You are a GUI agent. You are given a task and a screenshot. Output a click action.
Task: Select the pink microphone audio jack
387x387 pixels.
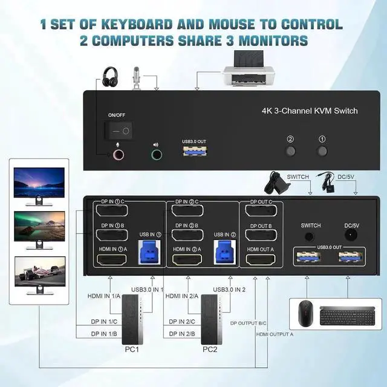click(x=119, y=154)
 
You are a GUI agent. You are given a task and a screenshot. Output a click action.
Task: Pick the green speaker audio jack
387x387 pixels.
click(x=157, y=155)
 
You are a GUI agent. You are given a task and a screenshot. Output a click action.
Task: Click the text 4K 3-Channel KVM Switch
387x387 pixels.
click(x=309, y=111)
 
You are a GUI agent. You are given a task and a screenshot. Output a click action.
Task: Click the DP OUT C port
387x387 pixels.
click(x=261, y=210)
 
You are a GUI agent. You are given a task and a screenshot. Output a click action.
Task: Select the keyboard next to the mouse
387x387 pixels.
click(x=343, y=314)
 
